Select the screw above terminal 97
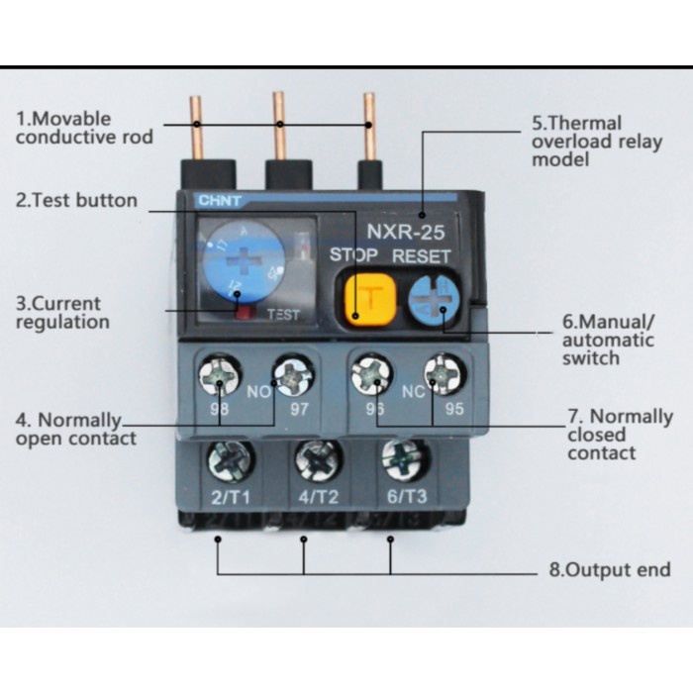[x=294, y=375]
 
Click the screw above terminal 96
[x=370, y=375]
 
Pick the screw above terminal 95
[x=443, y=375]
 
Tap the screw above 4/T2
[x=318, y=458]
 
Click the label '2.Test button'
[x=76, y=200]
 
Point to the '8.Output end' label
[x=610, y=570]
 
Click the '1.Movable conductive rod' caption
[x=83, y=128]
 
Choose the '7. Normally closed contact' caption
[x=619, y=435]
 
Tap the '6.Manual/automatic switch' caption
[x=607, y=340]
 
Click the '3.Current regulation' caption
[x=61, y=312]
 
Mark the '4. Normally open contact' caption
[x=75, y=429]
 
